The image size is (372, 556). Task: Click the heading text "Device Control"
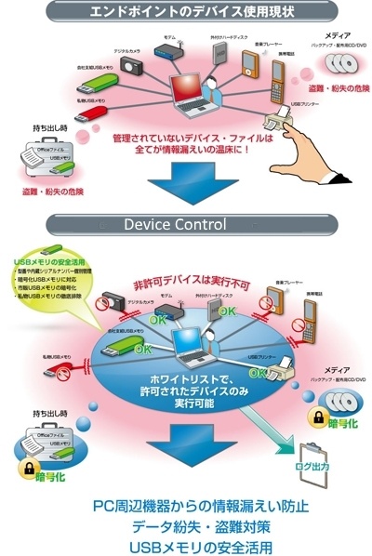(186, 225)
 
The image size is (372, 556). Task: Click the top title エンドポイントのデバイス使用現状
(187, 12)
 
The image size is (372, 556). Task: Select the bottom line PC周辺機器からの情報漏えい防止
(186, 506)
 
